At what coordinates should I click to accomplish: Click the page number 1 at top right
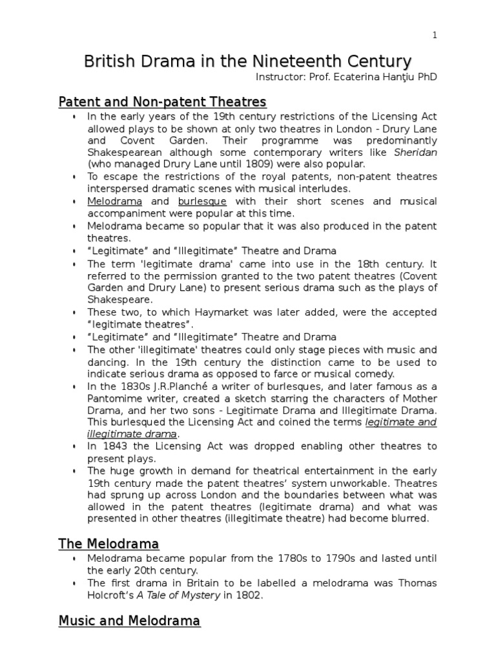(x=435, y=36)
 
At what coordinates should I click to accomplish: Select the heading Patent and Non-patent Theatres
(x=162, y=101)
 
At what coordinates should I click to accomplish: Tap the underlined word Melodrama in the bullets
(x=115, y=201)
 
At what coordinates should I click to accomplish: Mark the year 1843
(x=114, y=447)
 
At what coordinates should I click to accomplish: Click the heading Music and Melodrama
(x=129, y=621)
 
